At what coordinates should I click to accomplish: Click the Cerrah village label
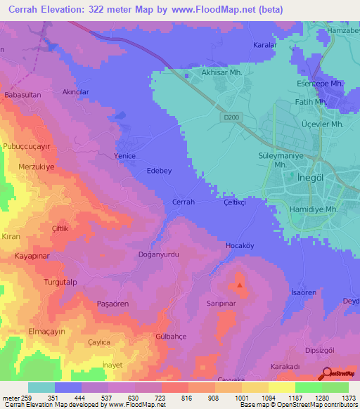184,202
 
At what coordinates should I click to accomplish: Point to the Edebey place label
158,171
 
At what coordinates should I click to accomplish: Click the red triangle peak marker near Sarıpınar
240,285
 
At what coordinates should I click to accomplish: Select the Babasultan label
22,93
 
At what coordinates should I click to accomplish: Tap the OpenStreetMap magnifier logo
328,375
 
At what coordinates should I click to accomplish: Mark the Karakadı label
285,366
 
